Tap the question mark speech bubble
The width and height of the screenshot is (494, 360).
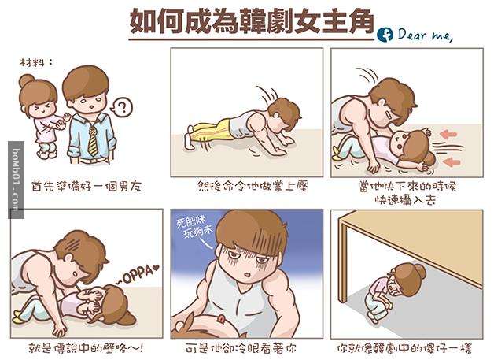pyautogui.click(x=122, y=107)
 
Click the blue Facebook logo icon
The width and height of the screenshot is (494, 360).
pyautogui.click(x=385, y=35)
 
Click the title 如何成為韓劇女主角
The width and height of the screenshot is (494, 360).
pyautogui.click(x=252, y=21)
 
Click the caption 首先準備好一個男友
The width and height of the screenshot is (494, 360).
pyautogui.click(x=87, y=186)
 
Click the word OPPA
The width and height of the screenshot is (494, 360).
pyautogui.click(x=138, y=276)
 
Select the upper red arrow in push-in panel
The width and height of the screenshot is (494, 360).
pyautogui.click(x=448, y=135)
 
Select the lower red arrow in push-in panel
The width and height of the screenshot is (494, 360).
pyautogui.click(x=452, y=161)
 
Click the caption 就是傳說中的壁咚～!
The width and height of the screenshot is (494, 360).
pyautogui.click(x=86, y=348)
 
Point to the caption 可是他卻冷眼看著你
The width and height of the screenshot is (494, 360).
pyautogui.click(x=241, y=348)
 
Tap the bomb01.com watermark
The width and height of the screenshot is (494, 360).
pyautogui.click(x=16, y=180)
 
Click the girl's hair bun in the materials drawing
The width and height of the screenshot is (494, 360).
pyautogui.click(x=27, y=81)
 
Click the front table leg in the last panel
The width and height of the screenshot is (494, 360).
pyautogui.click(x=343, y=262)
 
